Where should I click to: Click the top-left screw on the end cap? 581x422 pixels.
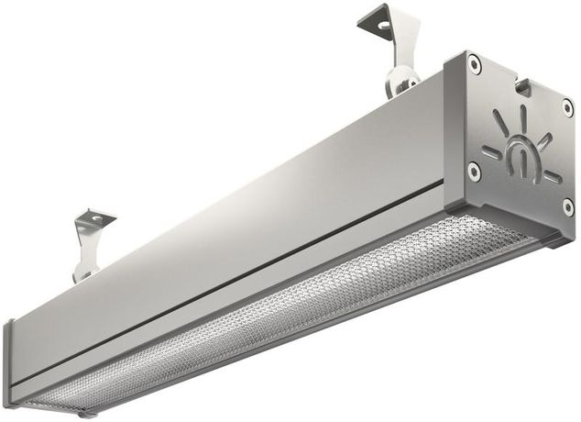point(473,63)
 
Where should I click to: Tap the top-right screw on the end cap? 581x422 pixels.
point(567,107)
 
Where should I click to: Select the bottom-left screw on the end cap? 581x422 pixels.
point(473,170)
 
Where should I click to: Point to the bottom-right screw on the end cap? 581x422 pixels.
point(567,207)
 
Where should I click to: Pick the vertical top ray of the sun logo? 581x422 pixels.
point(523,120)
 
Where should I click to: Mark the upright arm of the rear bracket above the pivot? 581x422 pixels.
point(401,50)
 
